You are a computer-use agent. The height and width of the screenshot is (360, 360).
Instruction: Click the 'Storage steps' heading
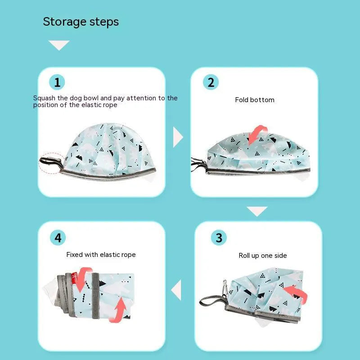pos(81,22)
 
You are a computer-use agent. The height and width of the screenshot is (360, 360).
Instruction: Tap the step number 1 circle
pos(57,82)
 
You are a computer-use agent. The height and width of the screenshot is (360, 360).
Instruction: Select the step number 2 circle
pos(211,82)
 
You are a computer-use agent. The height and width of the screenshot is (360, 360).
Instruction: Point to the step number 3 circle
pos(219,238)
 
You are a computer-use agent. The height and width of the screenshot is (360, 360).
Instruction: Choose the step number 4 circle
pos(58,238)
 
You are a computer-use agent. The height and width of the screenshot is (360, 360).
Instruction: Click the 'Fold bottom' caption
pos(255,100)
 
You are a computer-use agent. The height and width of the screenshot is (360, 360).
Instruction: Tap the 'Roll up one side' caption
pos(263,256)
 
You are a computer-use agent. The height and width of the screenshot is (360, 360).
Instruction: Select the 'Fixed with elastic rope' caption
pos(101,255)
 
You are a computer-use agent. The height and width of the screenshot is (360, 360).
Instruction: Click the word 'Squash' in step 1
pos(44,98)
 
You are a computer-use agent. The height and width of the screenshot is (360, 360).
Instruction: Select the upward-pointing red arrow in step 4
pos(119,310)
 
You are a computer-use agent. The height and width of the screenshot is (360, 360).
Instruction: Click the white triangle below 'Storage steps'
pos(59,44)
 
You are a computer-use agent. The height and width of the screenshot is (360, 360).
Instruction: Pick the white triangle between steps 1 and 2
pos(177,137)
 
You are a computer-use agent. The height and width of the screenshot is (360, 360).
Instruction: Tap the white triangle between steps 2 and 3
pos(257,210)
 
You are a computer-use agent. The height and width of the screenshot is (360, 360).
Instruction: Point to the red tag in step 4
pos(74,278)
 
